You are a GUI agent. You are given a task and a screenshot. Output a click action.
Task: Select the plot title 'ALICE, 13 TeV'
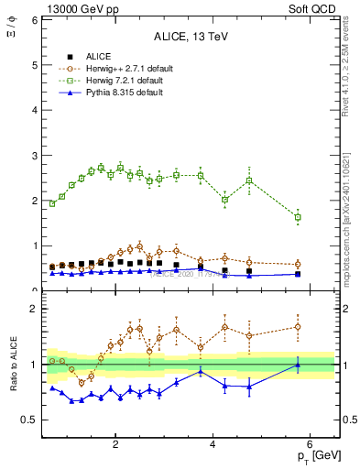[x=190, y=36]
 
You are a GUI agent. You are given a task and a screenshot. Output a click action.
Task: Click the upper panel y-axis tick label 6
[x=32, y=19]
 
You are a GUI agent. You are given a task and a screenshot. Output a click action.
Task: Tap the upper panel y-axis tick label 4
[x=32, y=110]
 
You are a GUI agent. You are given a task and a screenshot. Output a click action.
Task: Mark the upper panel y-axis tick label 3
[x=32, y=155]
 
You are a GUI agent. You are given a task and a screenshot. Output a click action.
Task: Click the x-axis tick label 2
[x=115, y=445]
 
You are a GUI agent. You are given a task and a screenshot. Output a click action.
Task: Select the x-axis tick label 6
[x=311, y=445]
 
